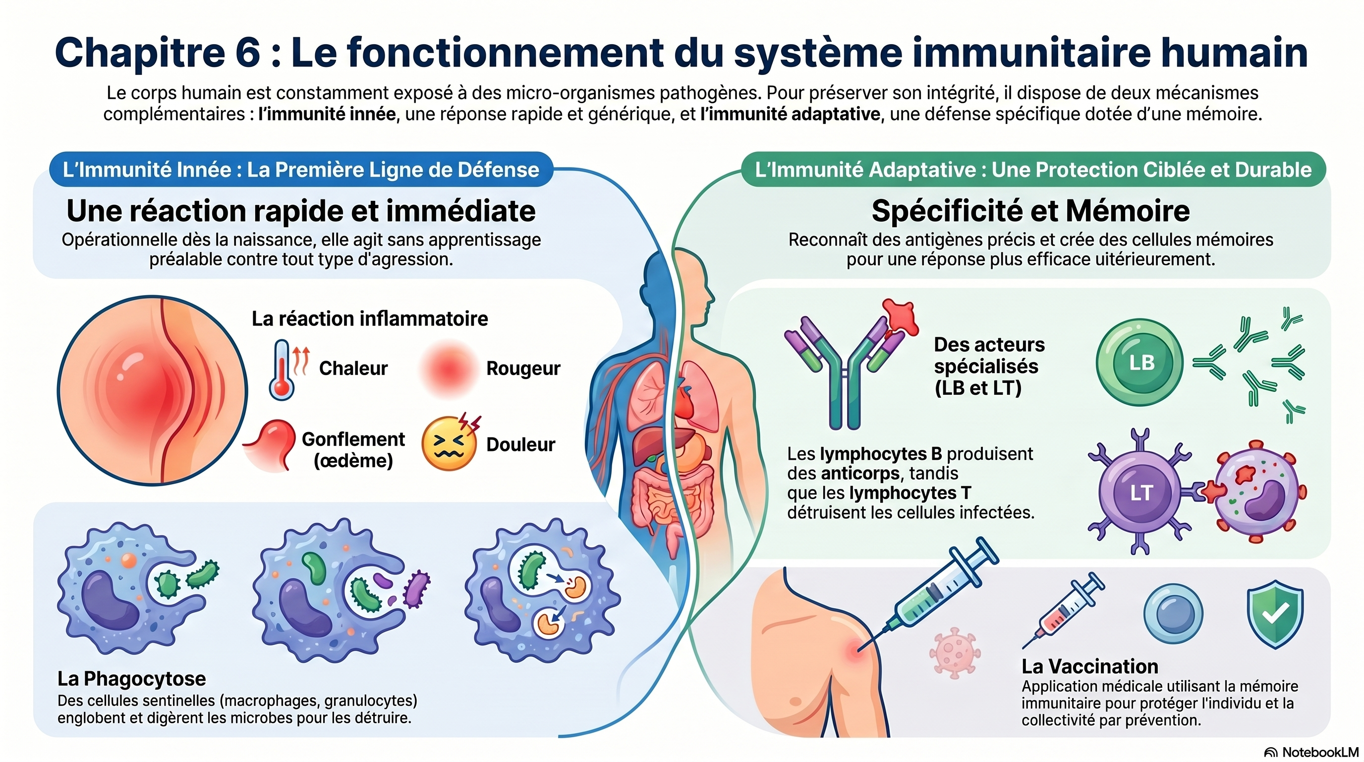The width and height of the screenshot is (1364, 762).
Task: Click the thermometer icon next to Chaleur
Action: click(x=281, y=370)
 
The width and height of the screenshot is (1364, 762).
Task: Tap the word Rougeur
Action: click(x=523, y=368)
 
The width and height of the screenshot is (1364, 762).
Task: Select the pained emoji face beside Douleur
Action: click(x=449, y=444)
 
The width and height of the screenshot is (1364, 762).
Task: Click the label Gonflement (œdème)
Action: click(x=353, y=449)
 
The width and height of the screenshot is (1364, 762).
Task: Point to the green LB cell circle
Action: click(x=1139, y=363)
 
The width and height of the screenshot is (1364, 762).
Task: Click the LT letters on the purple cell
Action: click(x=1140, y=493)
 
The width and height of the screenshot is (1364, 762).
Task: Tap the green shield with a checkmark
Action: click(x=1275, y=614)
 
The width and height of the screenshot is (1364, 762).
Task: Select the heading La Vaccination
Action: click(x=1090, y=666)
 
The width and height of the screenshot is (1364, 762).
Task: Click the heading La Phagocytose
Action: click(x=132, y=679)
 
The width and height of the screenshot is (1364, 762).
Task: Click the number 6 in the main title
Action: click(x=247, y=53)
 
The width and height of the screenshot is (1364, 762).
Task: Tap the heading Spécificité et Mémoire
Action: click(x=1030, y=211)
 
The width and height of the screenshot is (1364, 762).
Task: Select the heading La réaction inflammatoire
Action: click(x=370, y=318)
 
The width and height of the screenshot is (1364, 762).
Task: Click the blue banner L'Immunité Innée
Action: click(x=301, y=170)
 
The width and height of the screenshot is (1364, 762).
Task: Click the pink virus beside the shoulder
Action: click(x=955, y=653)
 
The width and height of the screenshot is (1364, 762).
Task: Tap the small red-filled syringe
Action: click(x=1062, y=609)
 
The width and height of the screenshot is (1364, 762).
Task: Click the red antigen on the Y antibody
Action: click(x=901, y=317)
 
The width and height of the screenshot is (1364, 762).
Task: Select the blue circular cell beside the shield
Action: click(x=1173, y=613)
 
